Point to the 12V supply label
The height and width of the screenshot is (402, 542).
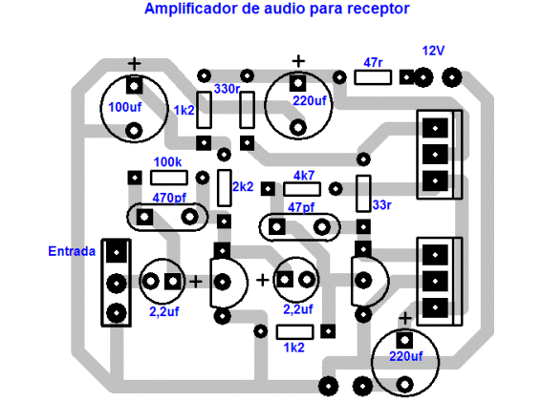coord(433,52)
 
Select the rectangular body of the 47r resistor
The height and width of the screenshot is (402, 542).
coord(373,77)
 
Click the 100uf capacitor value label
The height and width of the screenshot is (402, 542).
coord(125,107)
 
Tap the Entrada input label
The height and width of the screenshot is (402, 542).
coord(72,251)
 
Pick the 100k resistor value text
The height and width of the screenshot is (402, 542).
coord(167,162)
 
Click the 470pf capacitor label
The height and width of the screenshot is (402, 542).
coord(169,198)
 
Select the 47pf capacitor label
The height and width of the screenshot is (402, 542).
coord(301,207)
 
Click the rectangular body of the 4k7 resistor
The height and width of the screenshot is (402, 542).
coord(302,189)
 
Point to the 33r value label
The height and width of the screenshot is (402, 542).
coord(382,205)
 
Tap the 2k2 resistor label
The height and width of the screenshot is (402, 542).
coord(243,187)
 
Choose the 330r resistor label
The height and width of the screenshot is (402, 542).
coord(227,89)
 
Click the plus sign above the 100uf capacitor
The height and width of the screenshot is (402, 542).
coord(135,64)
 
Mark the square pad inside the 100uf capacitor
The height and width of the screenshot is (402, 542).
coord(135,85)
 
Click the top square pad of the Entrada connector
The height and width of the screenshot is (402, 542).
coord(117,252)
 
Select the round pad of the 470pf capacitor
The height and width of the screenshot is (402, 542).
coord(190,217)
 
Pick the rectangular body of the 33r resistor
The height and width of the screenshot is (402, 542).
coord(363,194)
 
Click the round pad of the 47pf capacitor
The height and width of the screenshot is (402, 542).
coord(322,227)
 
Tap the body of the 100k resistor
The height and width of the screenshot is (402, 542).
coord(169,178)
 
